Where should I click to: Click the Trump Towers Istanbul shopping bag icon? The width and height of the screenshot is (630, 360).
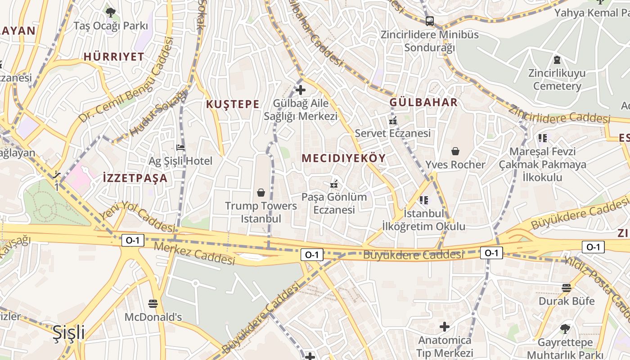[x=261, y=193]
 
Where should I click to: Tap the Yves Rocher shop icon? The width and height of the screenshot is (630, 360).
[x=455, y=151]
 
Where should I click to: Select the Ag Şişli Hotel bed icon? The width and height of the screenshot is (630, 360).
[x=180, y=147]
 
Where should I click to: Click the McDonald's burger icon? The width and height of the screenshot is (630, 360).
[x=153, y=303]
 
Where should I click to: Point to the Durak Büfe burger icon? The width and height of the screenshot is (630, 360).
[x=567, y=288]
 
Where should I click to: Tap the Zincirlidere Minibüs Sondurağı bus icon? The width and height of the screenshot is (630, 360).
[x=430, y=21]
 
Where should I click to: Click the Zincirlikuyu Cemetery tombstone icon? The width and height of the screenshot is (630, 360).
[x=557, y=59]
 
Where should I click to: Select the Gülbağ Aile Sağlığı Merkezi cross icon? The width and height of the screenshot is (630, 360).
[x=300, y=90]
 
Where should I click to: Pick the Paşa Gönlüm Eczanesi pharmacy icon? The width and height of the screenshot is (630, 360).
[x=334, y=184]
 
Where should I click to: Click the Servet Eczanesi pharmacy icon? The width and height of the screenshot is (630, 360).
[x=393, y=120]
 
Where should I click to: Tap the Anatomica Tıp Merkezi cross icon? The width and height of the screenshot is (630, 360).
[x=445, y=326]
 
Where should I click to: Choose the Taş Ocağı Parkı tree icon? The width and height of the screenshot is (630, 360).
[x=110, y=12]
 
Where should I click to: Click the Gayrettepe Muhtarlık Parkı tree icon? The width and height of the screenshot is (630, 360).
[x=565, y=329]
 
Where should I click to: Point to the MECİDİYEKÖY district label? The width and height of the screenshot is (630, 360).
[x=344, y=158]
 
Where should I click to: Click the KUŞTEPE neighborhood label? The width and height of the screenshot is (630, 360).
[x=233, y=104]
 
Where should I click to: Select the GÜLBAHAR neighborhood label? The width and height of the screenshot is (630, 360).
[x=423, y=102]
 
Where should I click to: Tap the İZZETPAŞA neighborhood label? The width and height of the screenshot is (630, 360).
[x=135, y=178]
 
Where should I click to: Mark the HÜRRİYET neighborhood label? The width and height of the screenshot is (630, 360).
[x=114, y=57]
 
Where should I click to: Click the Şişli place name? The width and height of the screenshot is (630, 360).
[x=68, y=333]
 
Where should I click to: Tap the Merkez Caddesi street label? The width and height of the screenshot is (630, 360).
[x=194, y=254]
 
